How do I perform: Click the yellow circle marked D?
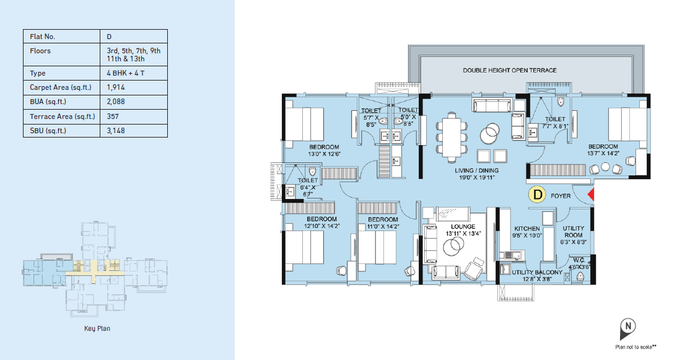pyautogui.click(x=538, y=195)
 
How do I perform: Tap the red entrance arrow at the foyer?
pyautogui.click(x=591, y=195)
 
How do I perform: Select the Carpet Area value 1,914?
pyautogui.click(x=116, y=87)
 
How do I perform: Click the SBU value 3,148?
pyautogui.click(x=116, y=131)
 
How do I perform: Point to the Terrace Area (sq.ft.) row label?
pyautogui.click(x=63, y=116)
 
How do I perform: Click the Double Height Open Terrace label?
pyautogui.click(x=510, y=70)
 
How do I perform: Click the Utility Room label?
pyautogui.click(x=574, y=232)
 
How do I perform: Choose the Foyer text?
pyautogui.click(x=561, y=196)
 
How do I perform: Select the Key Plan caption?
pyautogui.click(x=97, y=328)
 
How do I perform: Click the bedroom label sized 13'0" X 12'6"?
pyautogui.click(x=324, y=151)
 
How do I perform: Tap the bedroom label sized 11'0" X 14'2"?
pyautogui.click(x=383, y=222)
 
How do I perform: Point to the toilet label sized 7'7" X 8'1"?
pyautogui.click(x=555, y=122)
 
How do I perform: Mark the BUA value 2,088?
pyautogui.click(x=116, y=102)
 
